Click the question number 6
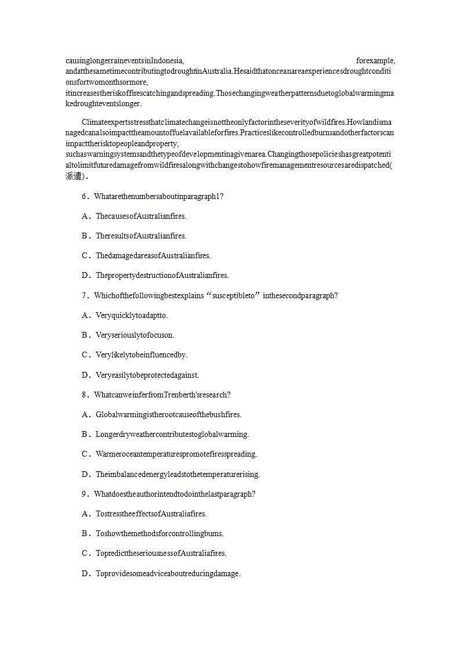pos(85,197)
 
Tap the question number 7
pos(85,296)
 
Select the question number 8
pos(85,395)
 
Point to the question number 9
pos(85,494)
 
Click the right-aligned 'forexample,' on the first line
pos(375,61)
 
